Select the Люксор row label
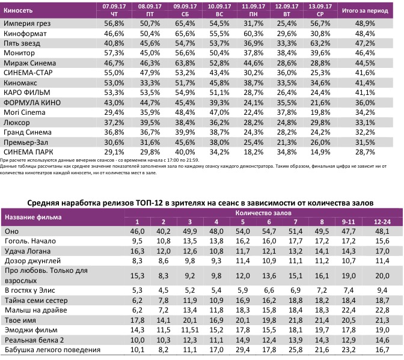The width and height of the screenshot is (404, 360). click(x=17, y=121)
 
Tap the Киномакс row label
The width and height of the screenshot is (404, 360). click(x=21, y=82)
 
